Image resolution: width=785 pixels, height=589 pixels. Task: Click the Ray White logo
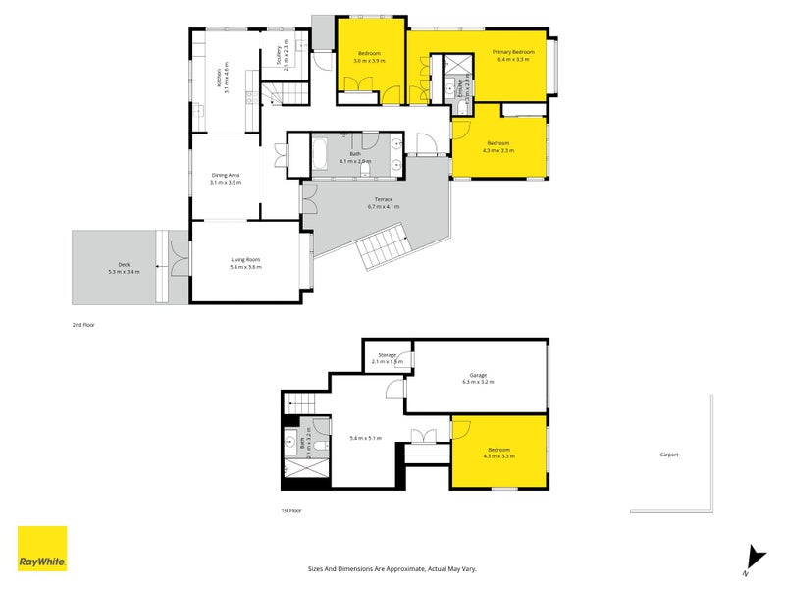[x=42, y=550]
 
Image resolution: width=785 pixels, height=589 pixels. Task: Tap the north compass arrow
[x=751, y=558]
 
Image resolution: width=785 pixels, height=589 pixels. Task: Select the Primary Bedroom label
[x=513, y=56]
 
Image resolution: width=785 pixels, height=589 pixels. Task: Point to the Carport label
[x=668, y=455]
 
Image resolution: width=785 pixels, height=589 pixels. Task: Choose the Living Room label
[x=245, y=264]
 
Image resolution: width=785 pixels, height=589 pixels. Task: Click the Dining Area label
[x=225, y=179]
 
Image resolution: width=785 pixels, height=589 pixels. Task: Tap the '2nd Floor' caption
[x=83, y=324]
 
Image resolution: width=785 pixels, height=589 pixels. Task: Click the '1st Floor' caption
[x=291, y=510]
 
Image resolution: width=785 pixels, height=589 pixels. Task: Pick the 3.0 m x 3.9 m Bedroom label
[x=369, y=56]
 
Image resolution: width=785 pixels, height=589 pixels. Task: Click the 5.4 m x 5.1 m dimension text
[x=365, y=438]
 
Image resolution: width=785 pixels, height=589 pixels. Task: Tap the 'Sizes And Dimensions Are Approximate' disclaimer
[x=392, y=568]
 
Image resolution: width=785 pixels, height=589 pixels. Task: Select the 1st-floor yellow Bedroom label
[x=499, y=453]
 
